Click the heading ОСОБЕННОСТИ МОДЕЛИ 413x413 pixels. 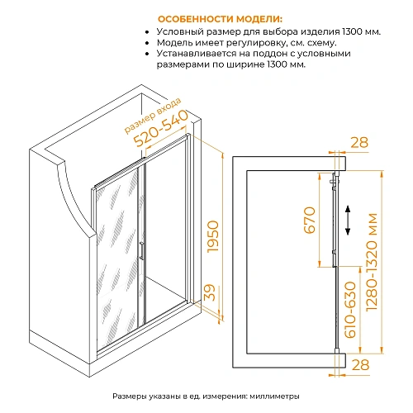pos(218,17)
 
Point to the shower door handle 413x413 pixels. pos(142,252)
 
